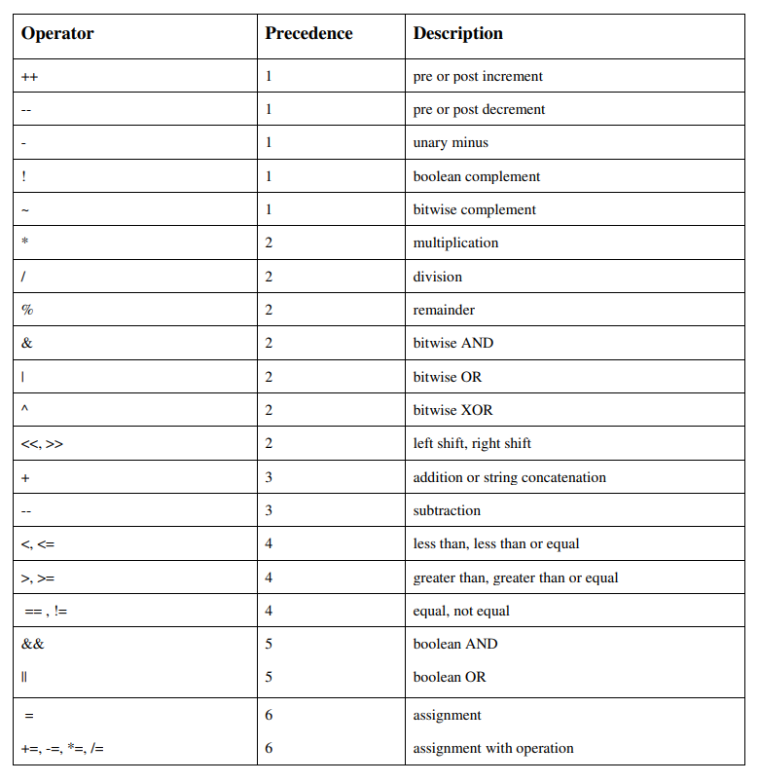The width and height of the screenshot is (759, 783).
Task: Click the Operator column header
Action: (57, 34)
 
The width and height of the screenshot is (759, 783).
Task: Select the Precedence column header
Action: (308, 34)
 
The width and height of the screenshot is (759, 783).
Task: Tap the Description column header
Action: (457, 34)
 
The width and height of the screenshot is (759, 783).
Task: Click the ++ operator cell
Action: (29, 76)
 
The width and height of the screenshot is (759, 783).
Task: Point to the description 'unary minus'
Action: (451, 143)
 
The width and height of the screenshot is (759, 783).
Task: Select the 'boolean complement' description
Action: (476, 176)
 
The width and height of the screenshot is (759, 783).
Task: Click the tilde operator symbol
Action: (25, 209)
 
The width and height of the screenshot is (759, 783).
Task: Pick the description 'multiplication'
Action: (455, 243)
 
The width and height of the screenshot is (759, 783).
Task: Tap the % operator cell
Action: (27, 310)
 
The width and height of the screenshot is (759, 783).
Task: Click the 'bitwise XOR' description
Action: (452, 410)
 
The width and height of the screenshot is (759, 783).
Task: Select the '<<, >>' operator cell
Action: (42, 444)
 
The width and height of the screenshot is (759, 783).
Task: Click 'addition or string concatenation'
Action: (509, 477)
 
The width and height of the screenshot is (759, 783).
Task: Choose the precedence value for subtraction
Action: (269, 510)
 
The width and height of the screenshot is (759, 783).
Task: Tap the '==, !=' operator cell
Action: (46, 611)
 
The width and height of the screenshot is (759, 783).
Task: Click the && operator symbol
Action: (32, 644)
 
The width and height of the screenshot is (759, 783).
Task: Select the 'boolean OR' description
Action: (449, 677)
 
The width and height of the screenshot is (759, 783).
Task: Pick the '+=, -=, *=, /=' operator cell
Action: (63, 748)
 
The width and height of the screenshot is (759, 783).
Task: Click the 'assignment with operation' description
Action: (492, 748)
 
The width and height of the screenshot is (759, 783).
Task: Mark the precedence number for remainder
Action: (269, 310)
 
